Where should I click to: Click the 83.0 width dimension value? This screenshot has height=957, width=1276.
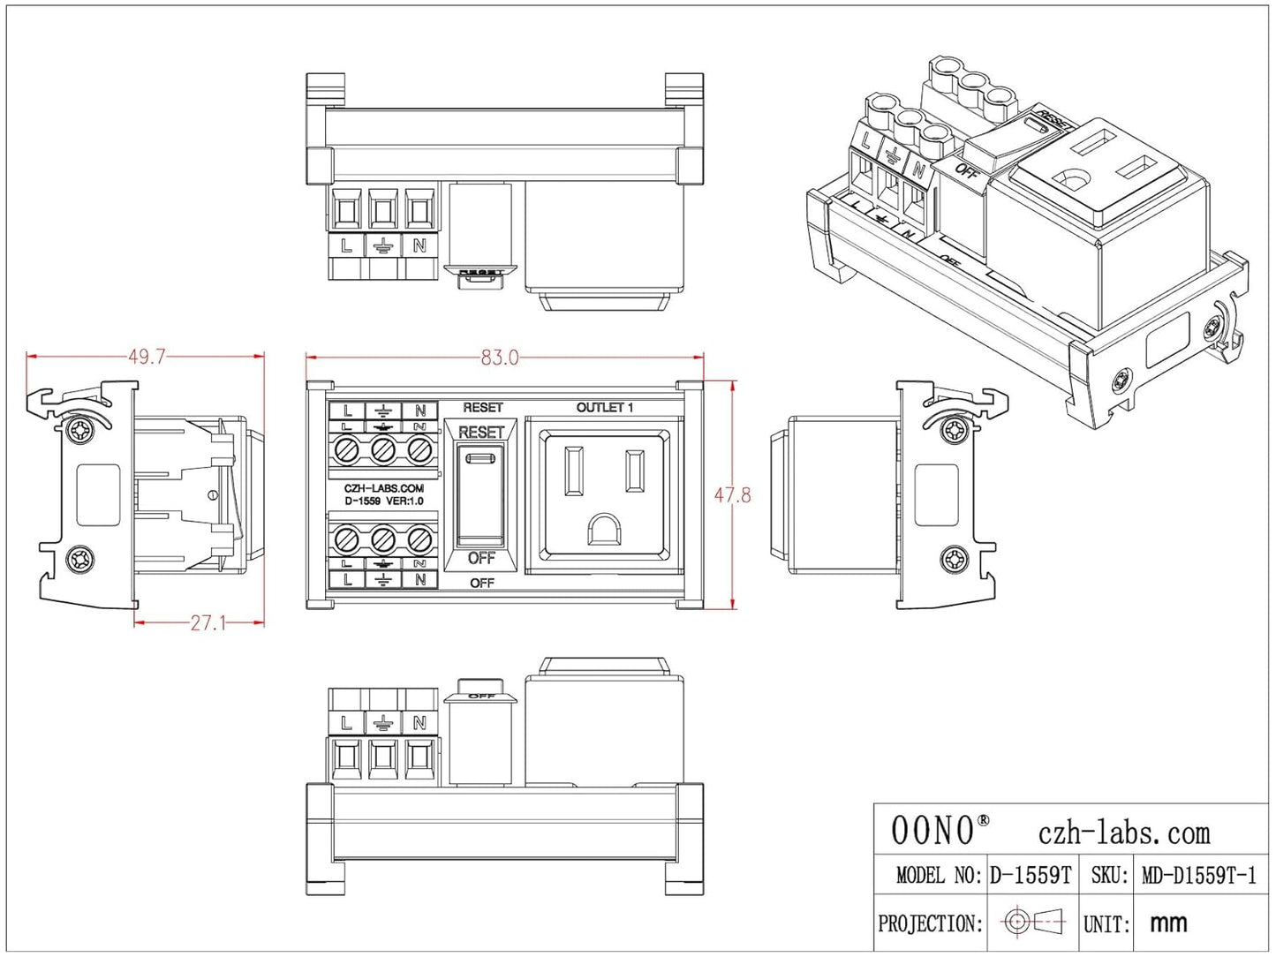click(x=500, y=358)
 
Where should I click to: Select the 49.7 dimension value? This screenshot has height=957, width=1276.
click(x=147, y=357)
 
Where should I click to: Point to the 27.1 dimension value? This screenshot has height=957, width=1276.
click(x=208, y=623)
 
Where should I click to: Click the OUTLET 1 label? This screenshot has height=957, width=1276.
click(x=605, y=408)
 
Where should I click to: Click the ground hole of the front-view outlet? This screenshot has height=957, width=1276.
click(x=605, y=531)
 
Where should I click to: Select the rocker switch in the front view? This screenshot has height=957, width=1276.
click(x=480, y=494)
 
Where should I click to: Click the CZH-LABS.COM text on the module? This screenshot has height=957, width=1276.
click(x=383, y=488)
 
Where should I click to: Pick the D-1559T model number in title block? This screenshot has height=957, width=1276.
click(x=1030, y=876)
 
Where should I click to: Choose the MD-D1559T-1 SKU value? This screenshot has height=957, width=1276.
click(x=1198, y=876)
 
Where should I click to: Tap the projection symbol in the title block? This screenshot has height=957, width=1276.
click(x=1033, y=923)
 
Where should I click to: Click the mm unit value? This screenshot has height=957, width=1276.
click(x=1168, y=923)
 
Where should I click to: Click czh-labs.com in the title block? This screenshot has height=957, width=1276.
click(x=1123, y=833)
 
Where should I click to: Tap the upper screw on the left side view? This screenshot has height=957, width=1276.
click(x=80, y=431)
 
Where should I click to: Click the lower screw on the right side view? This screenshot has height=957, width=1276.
click(x=955, y=559)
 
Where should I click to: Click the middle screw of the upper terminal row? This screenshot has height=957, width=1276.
click(x=382, y=450)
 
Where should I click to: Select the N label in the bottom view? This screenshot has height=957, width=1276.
click(x=419, y=723)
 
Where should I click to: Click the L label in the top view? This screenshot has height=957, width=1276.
click(x=346, y=246)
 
